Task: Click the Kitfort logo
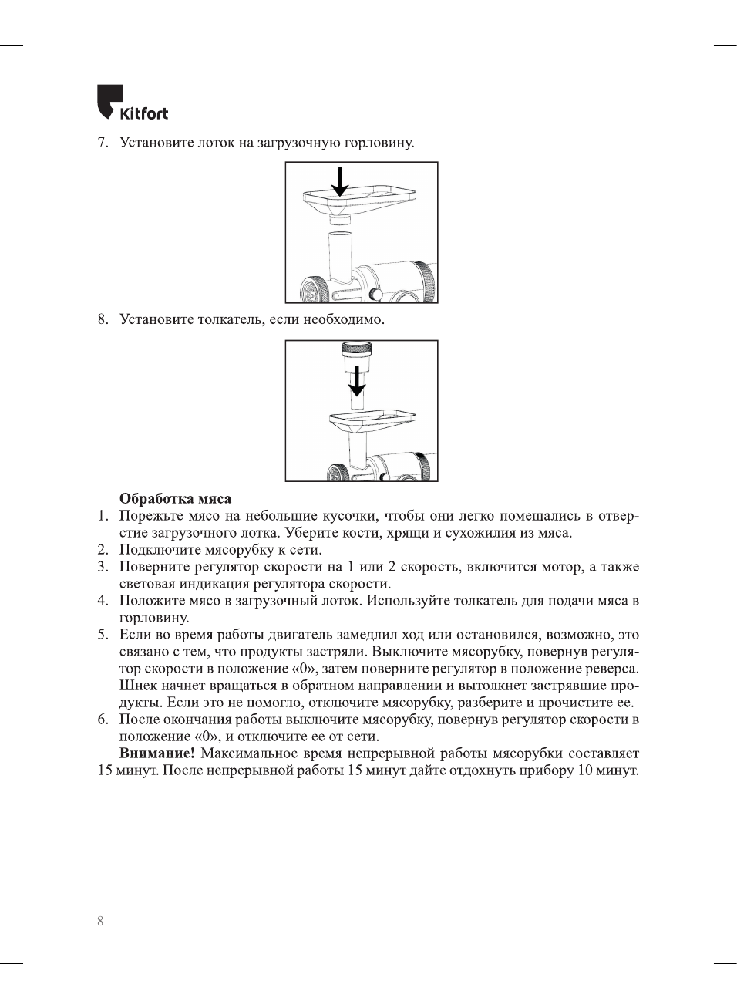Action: pyautogui.click(x=132, y=103)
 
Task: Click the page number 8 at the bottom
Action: pyautogui.click(x=100, y=921)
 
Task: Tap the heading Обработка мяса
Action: pyautogui.click(x=175, y=499)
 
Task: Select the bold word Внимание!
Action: pyautogui.click(x=156, y=753)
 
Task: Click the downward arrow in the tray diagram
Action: pyautogui.click(x=339, y=180)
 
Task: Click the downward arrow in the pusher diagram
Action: pyautogui.click(x=356, y=380)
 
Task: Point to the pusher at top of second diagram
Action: pyautogui.click(x=356, y=353)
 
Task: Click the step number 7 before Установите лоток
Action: pyautogui.click(x=102, y=143)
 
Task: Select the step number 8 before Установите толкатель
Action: pyautogui.click(x=102, y=320)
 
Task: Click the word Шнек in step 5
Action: pyautogui.click(x=137, y=686)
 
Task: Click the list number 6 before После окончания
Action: pyautogui.click(x=103, y=720)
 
